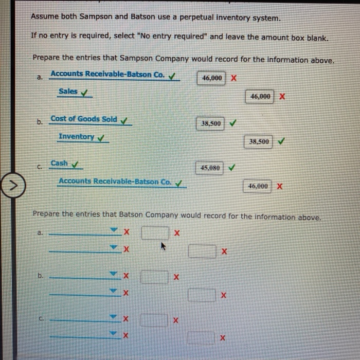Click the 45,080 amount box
coord(210,168)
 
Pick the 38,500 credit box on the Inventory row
coord(259,141)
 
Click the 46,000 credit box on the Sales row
coord(260,97)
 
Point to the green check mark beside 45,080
coord(232,168)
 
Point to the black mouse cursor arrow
coord(164,247)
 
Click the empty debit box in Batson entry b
coord(154,277)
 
